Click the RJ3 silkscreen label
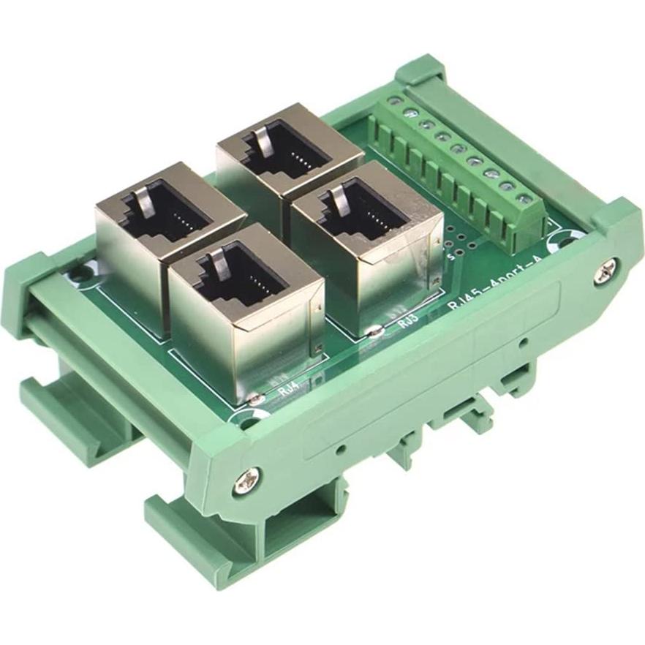tap(408, 320)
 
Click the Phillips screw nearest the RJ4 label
tap(244, 480)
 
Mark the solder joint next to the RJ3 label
tap(374, 331)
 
